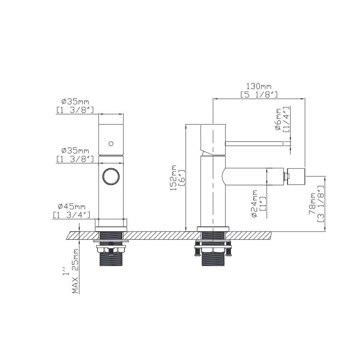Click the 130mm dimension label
pyautogui.click(x=259, y=86)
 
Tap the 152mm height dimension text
pyautogui.click(x=173, y=178)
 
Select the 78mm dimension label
pyautogui.click(x=313, y=204)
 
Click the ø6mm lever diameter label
pyautogui.click(x=278, y=119)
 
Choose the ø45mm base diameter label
pyautogui.click(x=72, y=206)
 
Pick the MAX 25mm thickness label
pyautogui.click(x=75, y=271)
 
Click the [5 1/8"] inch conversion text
pyautogui.click(x=259, y=94)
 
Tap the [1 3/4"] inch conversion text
pyautogui.click(x=72, y=215)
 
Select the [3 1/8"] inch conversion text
pyautogui.click(x=321, y=204)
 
